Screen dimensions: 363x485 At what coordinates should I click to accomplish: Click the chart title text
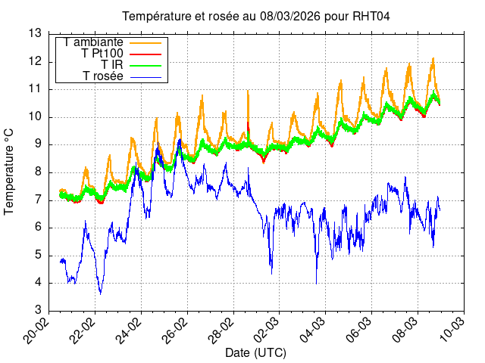(x=256, y=17)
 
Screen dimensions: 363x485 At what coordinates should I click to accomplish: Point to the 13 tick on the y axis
(x=35, y=33)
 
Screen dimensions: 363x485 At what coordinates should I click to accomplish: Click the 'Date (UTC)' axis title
(x=256, y=353)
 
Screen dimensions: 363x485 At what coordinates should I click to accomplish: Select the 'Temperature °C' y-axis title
(x=10, y=172)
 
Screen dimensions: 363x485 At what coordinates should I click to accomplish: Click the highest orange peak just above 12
(x=433, y=58)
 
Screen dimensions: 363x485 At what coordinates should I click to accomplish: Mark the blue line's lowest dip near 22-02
(x=100, y=293)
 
